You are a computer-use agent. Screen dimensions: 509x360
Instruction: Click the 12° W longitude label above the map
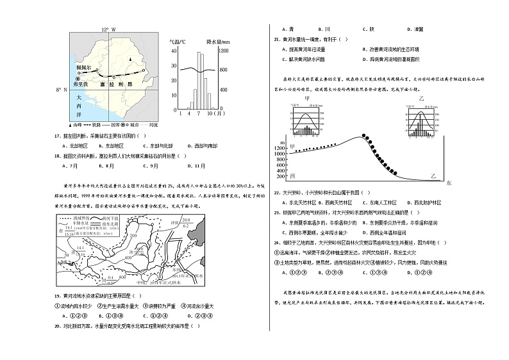(x=109, y=30)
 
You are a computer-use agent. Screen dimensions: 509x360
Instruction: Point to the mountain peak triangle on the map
(x=130, y=60)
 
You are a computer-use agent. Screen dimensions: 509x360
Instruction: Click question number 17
(x=58, y=136)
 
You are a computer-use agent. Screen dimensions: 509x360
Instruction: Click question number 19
(x=58, y=295)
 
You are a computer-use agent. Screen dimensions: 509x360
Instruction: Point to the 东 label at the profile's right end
(x=448, y=183)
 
